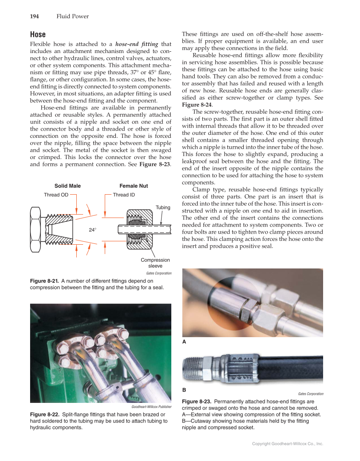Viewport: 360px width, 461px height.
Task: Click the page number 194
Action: pos(34,17)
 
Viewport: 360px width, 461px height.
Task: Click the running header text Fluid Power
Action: pos(73,17)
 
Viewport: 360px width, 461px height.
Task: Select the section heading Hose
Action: pos(38,34)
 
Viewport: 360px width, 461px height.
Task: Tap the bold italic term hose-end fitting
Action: pos(137,44)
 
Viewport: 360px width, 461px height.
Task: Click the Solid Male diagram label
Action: pos(67,186)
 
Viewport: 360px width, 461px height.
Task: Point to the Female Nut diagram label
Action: pos(134,186)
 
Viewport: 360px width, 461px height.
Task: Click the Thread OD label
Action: pos(56,195)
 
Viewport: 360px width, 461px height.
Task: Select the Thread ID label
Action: pos(124,195)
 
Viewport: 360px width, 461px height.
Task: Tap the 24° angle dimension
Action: pos(92,229)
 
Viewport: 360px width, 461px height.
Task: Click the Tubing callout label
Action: pos(163,207)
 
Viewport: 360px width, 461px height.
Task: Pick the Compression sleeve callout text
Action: pos(155,263)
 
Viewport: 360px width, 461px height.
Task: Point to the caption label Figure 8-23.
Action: pos(196,401)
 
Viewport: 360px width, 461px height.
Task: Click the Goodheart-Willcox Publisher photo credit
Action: pos(152,407)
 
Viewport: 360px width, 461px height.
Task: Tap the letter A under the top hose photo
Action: pos(184,341)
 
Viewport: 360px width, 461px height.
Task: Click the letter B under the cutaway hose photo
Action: pos(184,389)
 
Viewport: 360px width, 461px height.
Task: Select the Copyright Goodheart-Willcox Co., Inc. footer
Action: pos(287,444)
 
